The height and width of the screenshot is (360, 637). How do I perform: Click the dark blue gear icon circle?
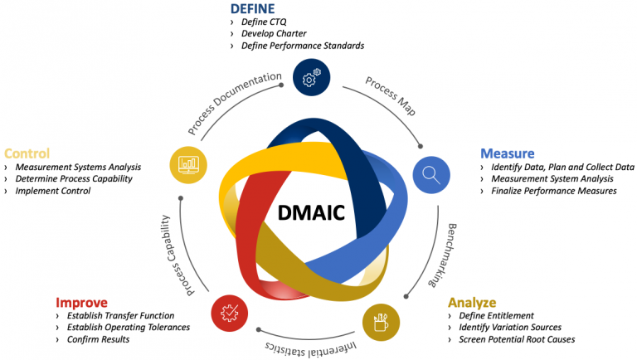[x=311, y=77]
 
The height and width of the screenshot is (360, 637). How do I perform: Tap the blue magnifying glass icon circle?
[x=431, y=174]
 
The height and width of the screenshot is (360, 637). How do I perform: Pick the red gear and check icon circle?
[x=230, y=312]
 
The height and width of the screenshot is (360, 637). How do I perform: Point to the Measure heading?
[x=507, y=153]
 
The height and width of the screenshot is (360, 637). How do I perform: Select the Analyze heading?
[x=471, y=302]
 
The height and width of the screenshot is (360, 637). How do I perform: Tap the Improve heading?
[x=81, y=302]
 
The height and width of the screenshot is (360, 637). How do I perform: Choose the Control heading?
[x=27, y=153]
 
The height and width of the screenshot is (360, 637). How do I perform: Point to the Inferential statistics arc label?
[x=310, y=345]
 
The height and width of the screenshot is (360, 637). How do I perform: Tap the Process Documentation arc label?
[x=235, y=103]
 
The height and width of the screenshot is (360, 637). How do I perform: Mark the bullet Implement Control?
[x=57, y=191]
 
